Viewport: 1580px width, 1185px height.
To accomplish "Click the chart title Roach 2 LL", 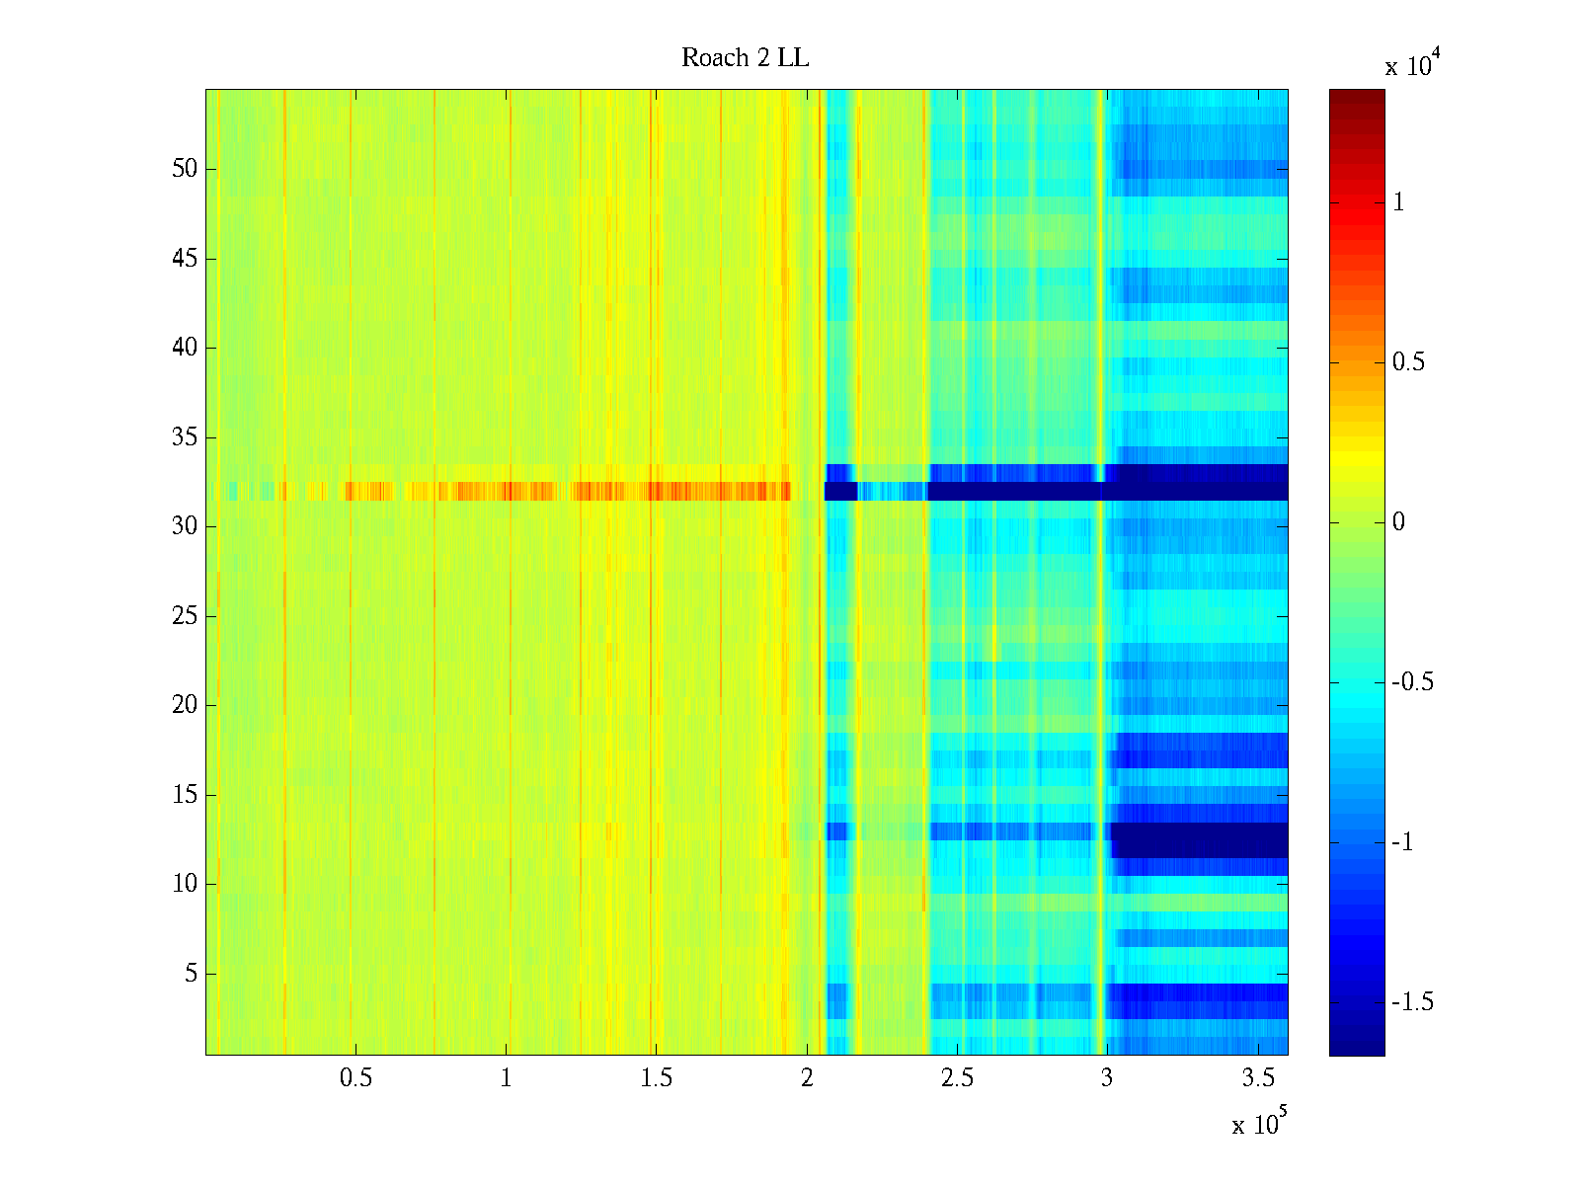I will click(745, 58).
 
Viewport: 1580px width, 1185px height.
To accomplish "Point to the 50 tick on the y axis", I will click(185, 169).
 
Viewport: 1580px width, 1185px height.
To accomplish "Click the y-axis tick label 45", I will click(185, 259).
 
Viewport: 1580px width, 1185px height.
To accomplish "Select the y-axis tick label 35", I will click(185, 437).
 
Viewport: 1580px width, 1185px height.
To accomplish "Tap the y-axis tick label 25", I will click(185, 616).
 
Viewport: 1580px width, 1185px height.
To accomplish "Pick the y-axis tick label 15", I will click(185, 795).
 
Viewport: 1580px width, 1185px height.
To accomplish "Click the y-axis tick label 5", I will click(191, 974).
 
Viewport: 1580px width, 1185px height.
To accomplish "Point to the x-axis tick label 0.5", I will click(355, 1078).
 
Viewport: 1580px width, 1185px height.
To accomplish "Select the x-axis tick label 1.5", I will click(656, 1078).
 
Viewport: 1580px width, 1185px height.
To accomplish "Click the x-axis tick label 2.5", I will click(957, 1078).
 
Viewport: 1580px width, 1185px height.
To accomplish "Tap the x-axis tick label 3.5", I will click(1257, 1078).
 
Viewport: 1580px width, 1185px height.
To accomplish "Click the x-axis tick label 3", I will click(1107, 1078).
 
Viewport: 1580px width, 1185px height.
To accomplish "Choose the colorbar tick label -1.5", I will click(1412, 1002).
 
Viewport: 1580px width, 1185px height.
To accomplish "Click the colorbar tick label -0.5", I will click(1412, 682).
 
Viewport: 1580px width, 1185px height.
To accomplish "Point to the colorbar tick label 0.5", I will click(1408, 362).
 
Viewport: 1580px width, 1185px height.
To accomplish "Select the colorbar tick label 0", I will click(1398, 522).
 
